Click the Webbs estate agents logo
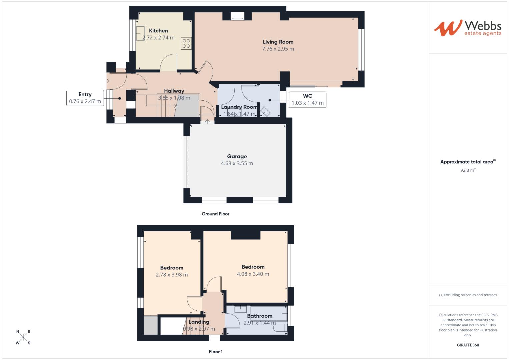tap(468, 28)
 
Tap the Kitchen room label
tap(158, 31)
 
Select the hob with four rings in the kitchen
tap(186, 43)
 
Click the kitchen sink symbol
tap(140, 33)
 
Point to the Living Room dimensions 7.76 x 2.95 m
tap(278, 49)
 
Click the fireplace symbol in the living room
tap(237, 16)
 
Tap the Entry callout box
tap(85, 98)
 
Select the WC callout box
tap(307, 100)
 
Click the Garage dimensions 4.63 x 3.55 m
tap(237, 163)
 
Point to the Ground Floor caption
tap(215, 214)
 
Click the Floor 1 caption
tap(216, 352)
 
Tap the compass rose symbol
tap(23, 337)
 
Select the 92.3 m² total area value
tap(468, 170)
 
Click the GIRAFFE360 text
tap(468, 345)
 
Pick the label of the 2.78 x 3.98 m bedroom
tap(172, 268)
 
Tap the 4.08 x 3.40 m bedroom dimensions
tap(253, 274)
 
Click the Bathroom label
tap(259, 316)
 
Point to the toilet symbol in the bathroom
tap(280, 328)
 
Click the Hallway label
tap(174, 91)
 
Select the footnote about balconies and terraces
tap(468, 295)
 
